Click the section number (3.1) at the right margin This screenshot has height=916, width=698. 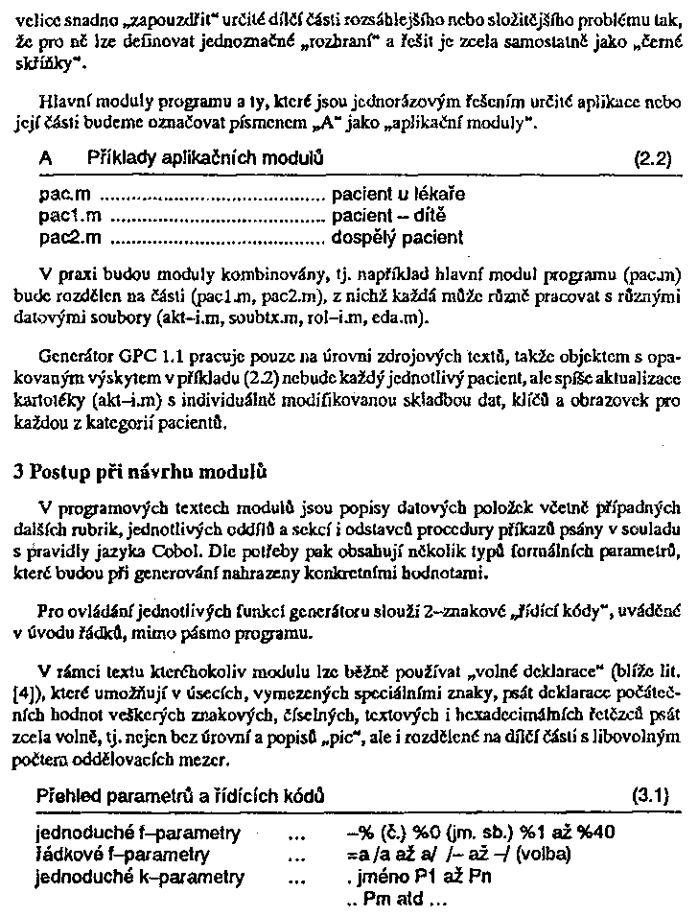(650, 795)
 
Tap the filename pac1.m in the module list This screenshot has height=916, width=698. (66, 215)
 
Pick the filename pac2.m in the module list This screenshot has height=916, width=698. (66, 236)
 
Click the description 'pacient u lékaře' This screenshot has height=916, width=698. (399, 195)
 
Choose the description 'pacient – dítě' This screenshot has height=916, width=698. (389, 215)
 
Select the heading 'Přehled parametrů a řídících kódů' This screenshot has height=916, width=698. (177, 796)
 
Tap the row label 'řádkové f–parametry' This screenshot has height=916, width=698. (123, 854)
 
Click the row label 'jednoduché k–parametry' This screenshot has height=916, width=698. (140, 876)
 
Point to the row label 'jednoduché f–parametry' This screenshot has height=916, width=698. (138, 833)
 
